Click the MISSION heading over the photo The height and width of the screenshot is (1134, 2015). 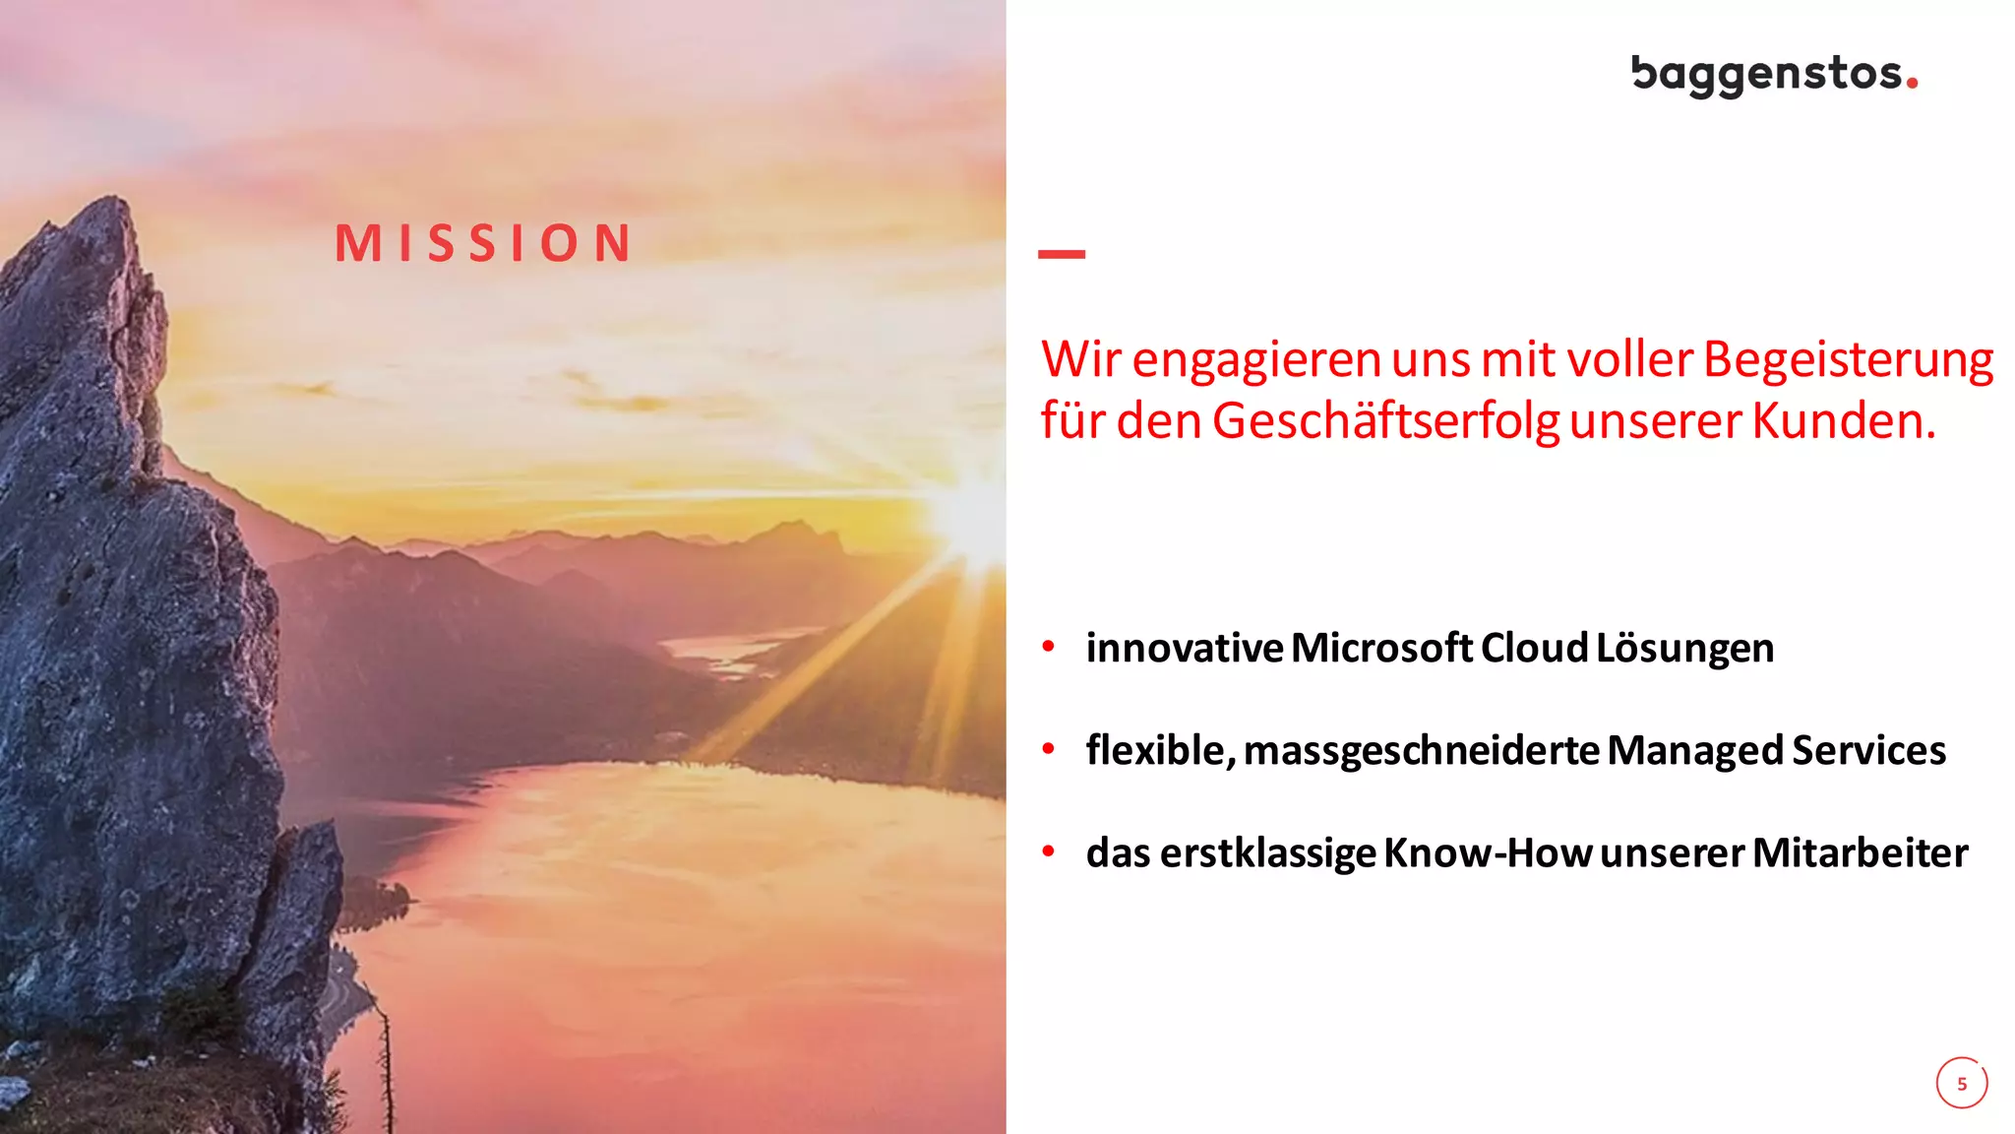click(x=483, y=243)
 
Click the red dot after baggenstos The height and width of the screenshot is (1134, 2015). click(x=1912, y=84)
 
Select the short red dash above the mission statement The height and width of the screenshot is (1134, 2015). click(x=1061, y=254)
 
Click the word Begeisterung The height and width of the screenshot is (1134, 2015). click(x=1848, y=360)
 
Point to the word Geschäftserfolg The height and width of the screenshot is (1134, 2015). click(x=1385, y=422)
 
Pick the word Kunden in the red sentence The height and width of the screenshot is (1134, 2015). click(x=1843, y=421)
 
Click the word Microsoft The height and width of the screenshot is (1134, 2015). click(x=1381, y=648)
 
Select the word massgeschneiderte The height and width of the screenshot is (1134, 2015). click(x=1422, y=751)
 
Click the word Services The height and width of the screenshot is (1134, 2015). click(x=1868, y=750)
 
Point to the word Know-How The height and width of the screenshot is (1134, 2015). click(x=1487, y=852)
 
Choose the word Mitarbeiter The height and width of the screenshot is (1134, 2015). click(x=1860, y=852)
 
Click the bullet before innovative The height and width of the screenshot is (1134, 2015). click(x=1049, y=647)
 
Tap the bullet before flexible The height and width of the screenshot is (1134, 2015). click(x=1049, y=749)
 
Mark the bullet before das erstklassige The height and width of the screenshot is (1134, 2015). click(x=1049, y=851)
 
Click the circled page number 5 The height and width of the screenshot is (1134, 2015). click(x=1962, y=1083)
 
